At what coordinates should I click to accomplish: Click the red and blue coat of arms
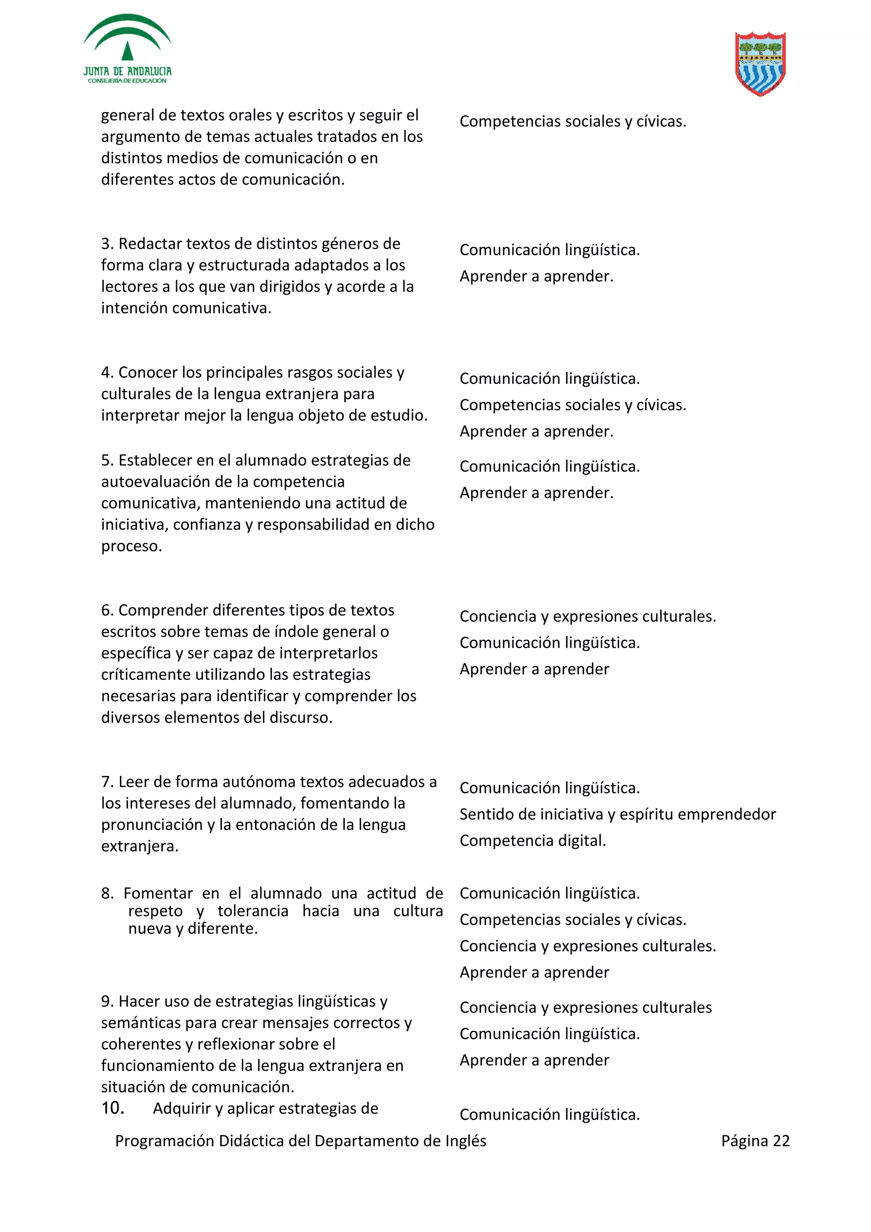point(760,63)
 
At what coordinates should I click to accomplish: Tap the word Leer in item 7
point(134,782)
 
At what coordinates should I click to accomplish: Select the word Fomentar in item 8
point(158,894)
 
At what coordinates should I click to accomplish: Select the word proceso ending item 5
point(131,547)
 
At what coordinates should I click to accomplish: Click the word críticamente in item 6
point(146,675)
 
